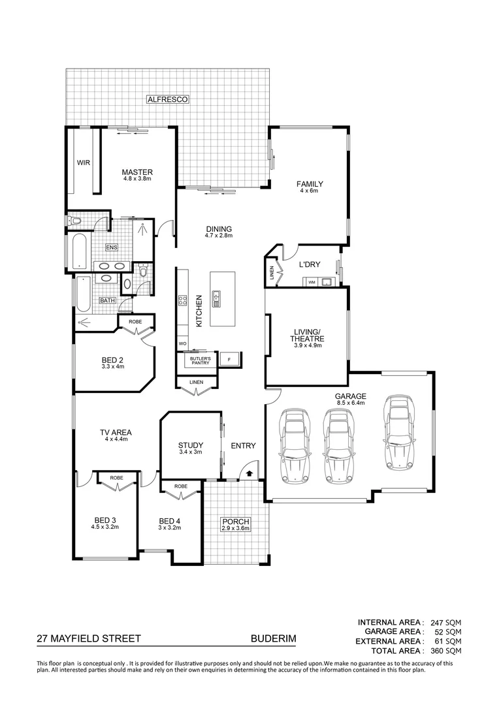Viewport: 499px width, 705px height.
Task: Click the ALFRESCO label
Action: (x=168, y=99)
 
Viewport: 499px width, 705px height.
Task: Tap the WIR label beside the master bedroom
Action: (x=83, y=163)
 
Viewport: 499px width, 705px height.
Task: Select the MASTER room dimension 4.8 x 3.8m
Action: (x=137, y=179)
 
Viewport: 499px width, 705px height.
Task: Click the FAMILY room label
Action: (x=312, y=184)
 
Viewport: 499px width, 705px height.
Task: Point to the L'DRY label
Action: (x=309, y=264)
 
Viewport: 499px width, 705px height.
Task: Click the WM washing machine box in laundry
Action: (x=312, y=281)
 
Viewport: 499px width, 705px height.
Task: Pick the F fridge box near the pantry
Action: (x=229, y=360)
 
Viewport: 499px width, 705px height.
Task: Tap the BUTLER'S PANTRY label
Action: (x=200, y=361)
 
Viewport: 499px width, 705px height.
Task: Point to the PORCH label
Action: (x=234, y=522)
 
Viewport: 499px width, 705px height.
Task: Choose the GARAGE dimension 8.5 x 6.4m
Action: (x=351, y=403)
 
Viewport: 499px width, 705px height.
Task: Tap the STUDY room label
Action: (x=191, y=446)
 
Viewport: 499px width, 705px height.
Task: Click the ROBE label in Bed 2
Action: (x=135, y=322)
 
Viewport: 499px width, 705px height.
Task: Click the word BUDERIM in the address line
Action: (x=273, y=640)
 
